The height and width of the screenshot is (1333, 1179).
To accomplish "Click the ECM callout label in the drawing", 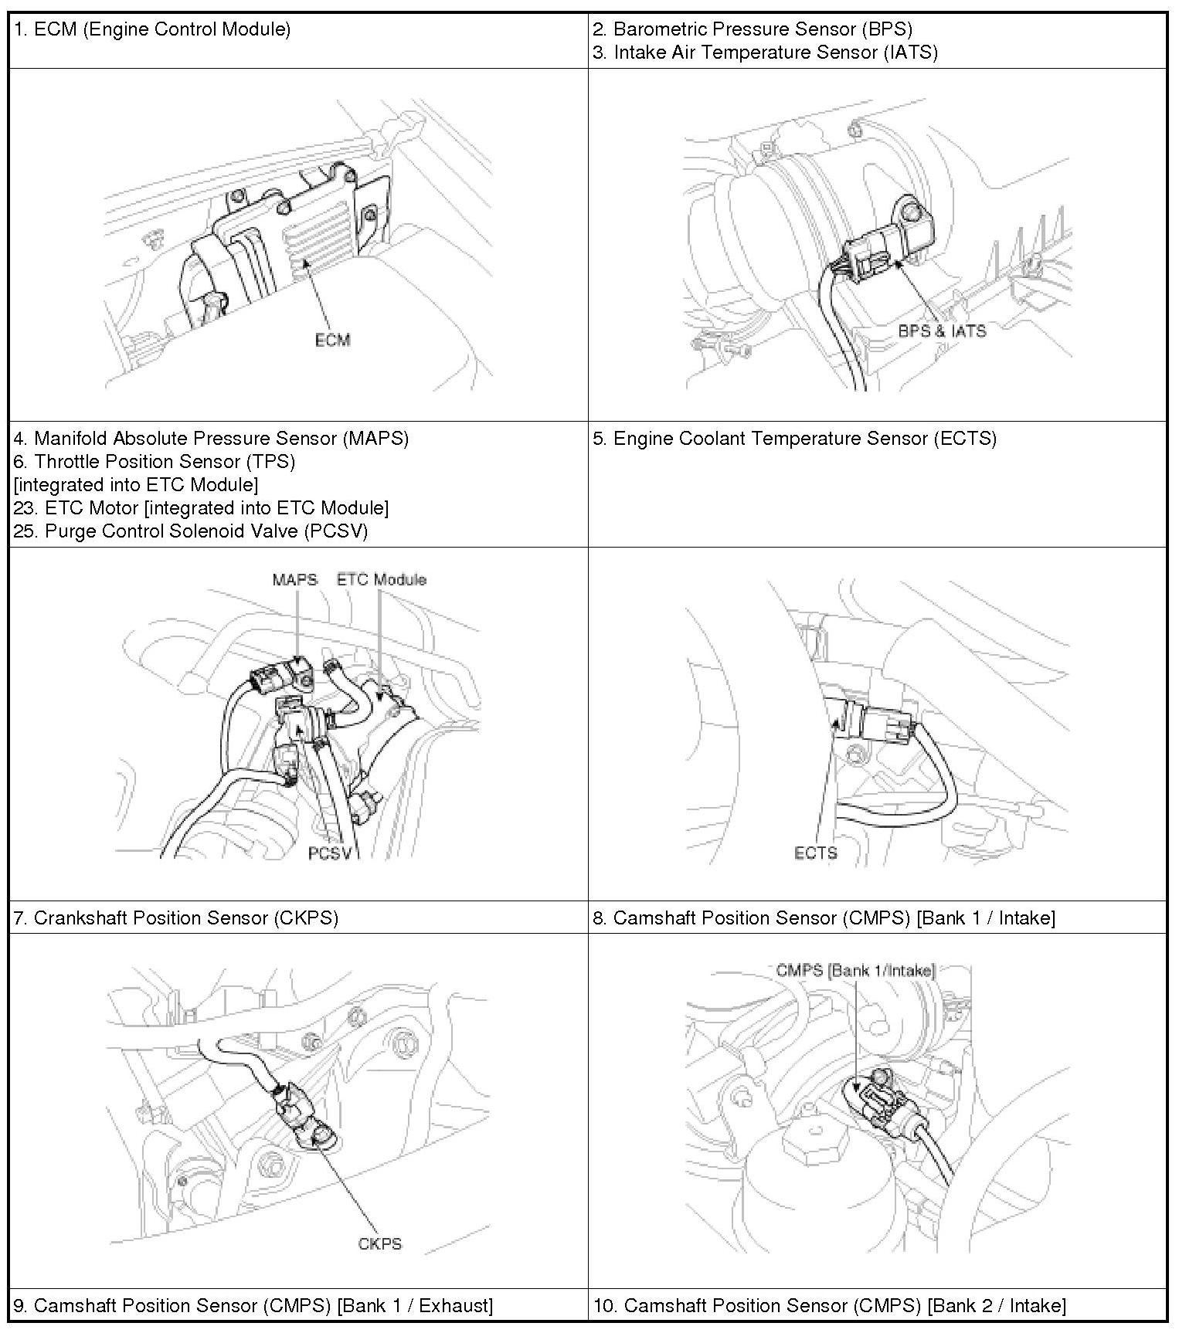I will [332, 340].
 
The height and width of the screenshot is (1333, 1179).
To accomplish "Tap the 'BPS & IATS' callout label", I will [942, 331].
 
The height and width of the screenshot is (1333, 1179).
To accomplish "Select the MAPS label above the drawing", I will [294, 579].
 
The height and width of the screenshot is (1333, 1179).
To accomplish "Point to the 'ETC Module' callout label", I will [381, 579].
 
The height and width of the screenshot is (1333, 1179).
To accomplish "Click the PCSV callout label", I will [330, 853].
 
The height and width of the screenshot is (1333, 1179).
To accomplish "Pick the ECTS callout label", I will [815, 853].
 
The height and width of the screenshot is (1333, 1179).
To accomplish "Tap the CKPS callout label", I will [380, 1243].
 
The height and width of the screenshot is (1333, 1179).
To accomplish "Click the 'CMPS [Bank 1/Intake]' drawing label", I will [855, 970].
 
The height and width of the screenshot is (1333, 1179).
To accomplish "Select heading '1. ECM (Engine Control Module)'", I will [152, 29].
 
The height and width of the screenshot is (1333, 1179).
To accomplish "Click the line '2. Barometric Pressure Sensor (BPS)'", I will [753, 29].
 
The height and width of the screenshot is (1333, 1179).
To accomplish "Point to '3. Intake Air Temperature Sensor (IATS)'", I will [765, 53].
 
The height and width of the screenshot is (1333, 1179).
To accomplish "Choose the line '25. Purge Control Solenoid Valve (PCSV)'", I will [191, 531].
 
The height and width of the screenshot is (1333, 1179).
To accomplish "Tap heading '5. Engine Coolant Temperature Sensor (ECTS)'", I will [794, 439].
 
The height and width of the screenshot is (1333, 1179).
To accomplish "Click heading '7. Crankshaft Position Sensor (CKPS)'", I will [176, 917].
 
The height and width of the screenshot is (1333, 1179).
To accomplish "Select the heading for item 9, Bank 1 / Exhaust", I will [253, 1305].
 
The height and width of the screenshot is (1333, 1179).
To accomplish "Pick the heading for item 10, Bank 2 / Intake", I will [830, 1305].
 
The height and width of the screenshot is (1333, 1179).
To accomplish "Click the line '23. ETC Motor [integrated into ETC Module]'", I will [201, 508].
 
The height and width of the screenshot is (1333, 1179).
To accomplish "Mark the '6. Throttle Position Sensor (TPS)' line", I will [155, 462].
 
